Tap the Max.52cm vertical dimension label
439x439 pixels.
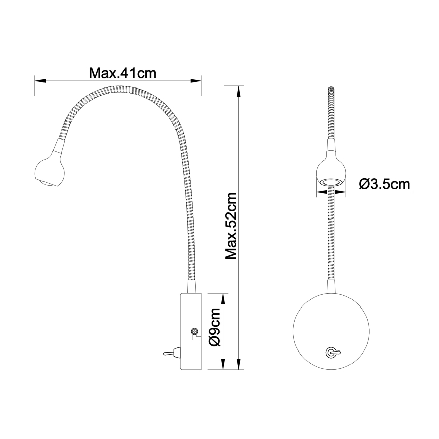pyautogui.click(x=231, y=226)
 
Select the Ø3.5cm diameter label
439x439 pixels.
pyautogui.click(x=384, y=184)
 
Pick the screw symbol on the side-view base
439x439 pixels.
pyautogui.click(x=194, y=332)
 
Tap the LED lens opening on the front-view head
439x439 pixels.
pyautogui.click(x=331, y=181)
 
